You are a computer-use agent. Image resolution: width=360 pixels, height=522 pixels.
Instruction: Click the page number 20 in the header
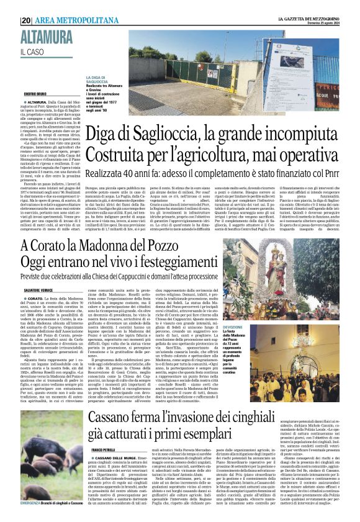[x=25, y=20]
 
